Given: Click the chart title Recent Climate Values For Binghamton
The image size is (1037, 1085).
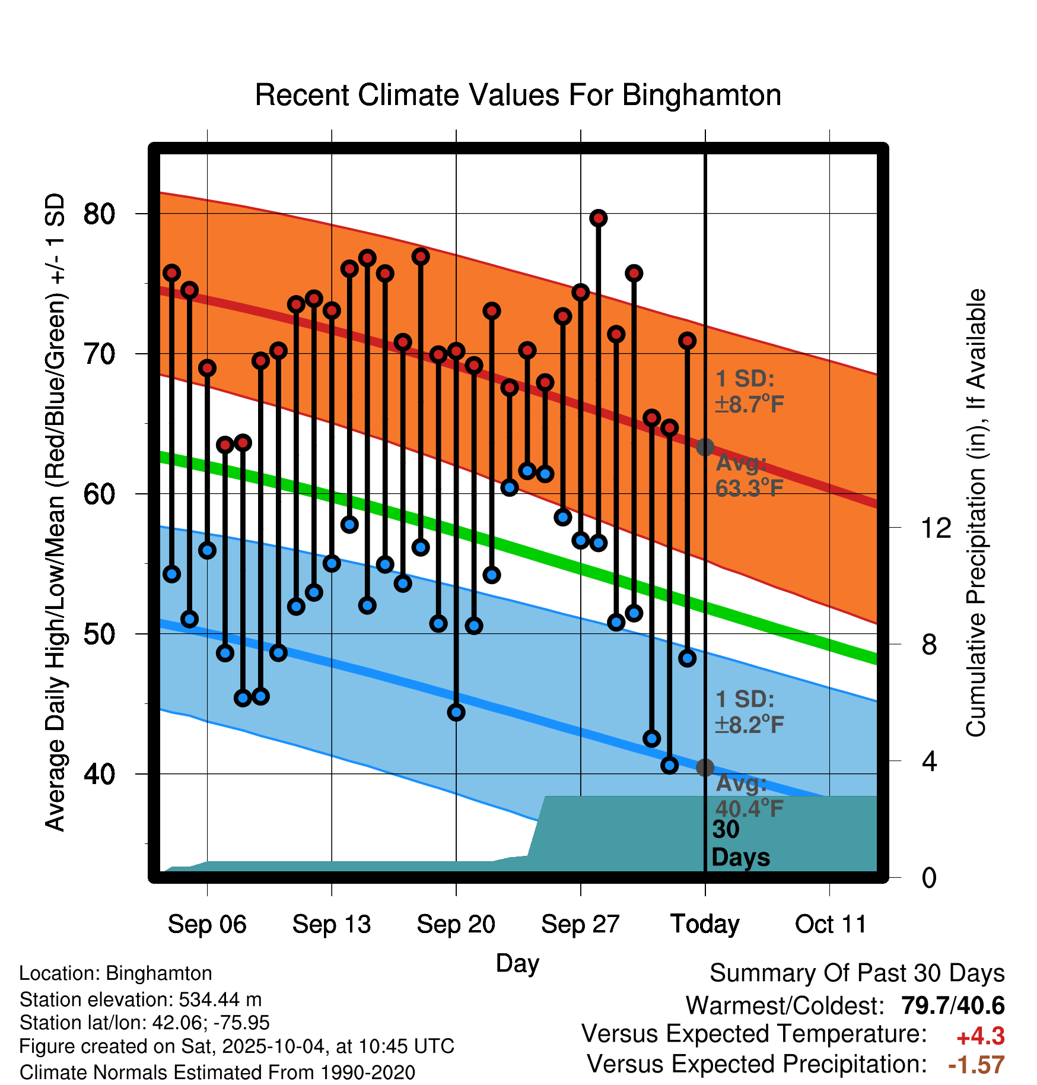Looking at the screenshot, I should click(518, 95).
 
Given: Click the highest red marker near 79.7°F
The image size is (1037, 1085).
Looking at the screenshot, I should click(598, 218).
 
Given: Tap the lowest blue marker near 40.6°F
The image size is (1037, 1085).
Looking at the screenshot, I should click(669, 766).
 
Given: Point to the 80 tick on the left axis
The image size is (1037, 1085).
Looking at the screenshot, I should click(99, 214).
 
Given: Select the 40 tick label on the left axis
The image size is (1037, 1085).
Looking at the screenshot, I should click(99, 774).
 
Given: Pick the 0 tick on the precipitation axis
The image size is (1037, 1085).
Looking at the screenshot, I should click(929, 877).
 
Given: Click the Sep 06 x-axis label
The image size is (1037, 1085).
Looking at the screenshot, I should click(207, 924).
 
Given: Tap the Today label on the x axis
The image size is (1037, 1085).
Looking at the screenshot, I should click(705, 924).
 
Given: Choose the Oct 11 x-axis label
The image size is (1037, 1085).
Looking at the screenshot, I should click(831, 924).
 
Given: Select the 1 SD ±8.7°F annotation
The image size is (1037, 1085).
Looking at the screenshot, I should click(749, 392).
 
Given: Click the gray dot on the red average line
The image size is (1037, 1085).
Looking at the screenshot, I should click(705, 447).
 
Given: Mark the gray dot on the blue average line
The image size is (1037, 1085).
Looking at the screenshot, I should click(705, 767).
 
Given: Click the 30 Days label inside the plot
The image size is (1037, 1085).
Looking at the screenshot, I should click(740, 843).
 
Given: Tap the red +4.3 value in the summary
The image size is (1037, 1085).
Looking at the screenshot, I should click(980, 1036).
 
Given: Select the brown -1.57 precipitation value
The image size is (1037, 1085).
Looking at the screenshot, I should click(976, 1065).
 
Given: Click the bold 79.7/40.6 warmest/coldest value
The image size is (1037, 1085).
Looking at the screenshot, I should click(953, 1005).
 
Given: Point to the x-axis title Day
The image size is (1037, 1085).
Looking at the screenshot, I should click(517, 963).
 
